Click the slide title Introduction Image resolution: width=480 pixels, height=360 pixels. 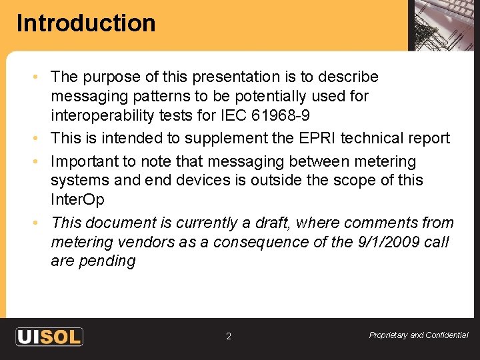86,23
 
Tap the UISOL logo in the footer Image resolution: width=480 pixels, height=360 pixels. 49,336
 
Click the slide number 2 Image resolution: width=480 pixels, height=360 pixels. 229,337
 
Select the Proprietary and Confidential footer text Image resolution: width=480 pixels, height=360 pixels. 419,335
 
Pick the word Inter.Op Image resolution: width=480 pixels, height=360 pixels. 77,199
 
